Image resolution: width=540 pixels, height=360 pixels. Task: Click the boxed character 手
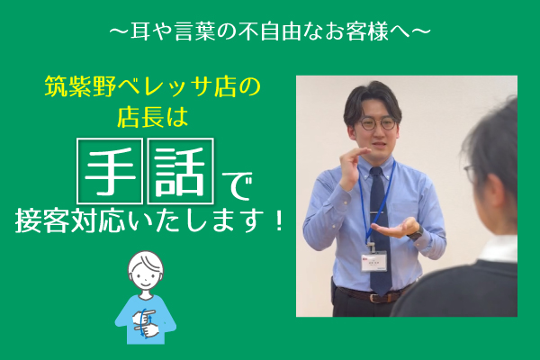110,170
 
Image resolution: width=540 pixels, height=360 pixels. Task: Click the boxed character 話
181,170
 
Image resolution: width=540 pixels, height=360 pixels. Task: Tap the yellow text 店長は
153,118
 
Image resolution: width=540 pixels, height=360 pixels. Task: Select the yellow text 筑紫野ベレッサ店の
153,87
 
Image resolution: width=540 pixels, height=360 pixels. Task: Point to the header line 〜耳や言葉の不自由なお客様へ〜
270,31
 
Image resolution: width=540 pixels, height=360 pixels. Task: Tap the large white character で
237,186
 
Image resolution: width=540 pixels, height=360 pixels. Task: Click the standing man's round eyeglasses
377,123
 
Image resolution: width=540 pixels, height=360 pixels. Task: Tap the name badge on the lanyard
374,262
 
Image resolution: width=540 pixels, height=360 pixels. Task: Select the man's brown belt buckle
375,298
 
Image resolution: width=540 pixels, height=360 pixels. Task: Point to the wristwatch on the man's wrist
417,233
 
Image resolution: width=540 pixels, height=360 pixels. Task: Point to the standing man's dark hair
371,100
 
